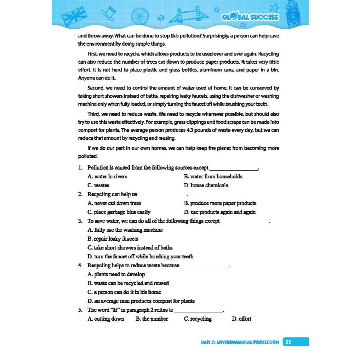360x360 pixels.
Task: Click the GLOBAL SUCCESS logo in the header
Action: (x=250, y=17)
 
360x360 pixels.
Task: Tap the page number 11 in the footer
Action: (x=288, y=342)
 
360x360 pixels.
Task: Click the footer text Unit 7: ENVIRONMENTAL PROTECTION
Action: (x=240, y=342)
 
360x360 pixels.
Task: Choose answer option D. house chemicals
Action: (x=206, y=185)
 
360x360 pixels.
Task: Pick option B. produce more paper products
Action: (x=220, y=203)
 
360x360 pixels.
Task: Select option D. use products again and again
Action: (x=219, y=212)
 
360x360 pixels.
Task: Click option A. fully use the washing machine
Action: (x=125, y=230)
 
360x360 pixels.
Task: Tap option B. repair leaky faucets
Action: (x=113, y=239)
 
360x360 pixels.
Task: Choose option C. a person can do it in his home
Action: (x=124, y=292)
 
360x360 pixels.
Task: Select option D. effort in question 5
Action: (x=241, y=319)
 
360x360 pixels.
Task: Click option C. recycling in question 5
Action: (x=198, y=319)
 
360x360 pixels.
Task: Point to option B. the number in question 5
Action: (x=152, y=319)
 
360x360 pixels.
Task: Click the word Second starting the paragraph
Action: (x=96, y=88)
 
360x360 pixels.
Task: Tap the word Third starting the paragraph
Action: (x=94, y=114)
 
